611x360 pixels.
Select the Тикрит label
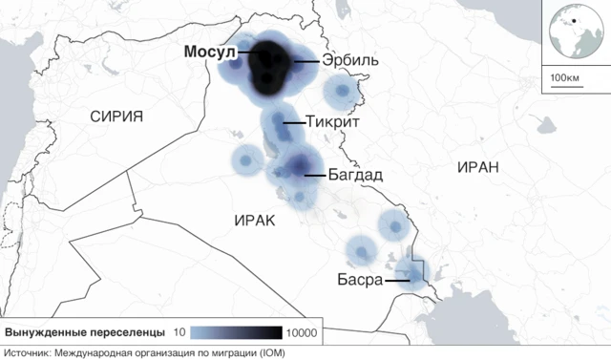coord(335,122)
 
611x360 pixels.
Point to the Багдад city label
coord(355,176)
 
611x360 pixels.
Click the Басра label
coord(359,281)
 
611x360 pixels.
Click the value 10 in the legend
coord(179,333)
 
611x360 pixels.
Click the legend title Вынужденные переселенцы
coord(85,333)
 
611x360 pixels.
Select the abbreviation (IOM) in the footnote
coord(271,352)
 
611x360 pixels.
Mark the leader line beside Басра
coord(397,281)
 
